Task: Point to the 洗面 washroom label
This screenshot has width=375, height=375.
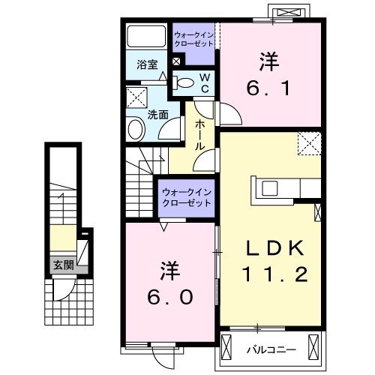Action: click(157, 115)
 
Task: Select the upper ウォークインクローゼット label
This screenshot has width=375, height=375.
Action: click(193, 38)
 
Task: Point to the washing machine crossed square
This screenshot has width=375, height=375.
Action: click(136, 98)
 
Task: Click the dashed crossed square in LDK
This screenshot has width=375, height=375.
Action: click(309, 143)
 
